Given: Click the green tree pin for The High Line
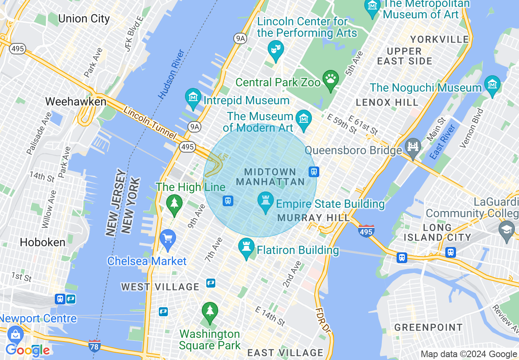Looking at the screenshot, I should pos(174,204).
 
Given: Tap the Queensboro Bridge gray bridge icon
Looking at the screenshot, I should pos(413,146).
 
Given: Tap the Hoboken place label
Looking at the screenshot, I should pos(43,242).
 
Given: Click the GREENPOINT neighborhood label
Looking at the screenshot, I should pos(428,327).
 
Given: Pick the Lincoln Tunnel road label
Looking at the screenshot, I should pos(150,123).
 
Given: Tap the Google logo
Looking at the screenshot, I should pos(27,350).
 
